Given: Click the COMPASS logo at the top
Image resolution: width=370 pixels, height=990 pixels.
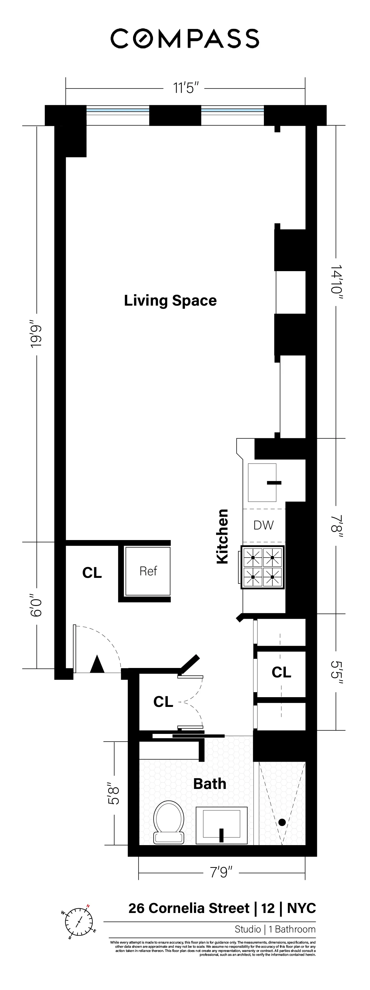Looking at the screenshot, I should pos(185,38).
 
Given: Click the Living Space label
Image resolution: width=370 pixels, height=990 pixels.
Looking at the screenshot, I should pos(170,301).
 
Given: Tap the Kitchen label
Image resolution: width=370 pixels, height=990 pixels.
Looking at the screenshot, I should pos(222,536).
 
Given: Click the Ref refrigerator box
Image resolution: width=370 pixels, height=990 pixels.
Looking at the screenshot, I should pos(148,571).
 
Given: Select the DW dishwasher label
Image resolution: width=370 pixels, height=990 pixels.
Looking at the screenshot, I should pos(264,525).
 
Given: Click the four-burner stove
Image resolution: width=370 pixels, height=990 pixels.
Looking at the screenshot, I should pos(262,567).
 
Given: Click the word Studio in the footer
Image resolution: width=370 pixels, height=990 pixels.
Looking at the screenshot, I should pos(247,929).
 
